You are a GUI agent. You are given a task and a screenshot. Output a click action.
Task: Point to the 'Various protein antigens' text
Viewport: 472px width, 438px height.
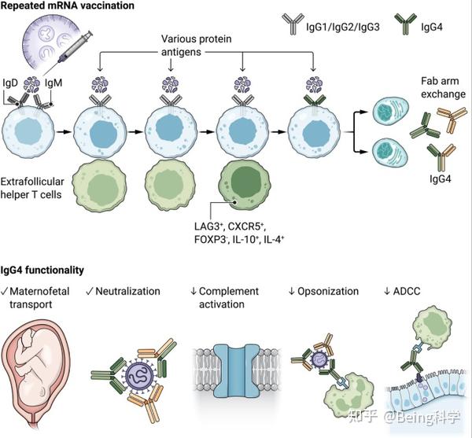coord(207,45)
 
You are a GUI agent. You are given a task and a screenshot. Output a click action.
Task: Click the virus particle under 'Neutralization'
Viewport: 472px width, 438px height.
coord(131,370)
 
